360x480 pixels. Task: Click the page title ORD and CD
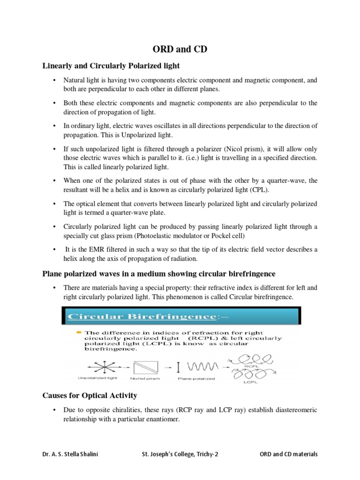pyautogui.click(x=180, y=48)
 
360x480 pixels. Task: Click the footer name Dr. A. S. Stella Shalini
pyautogui.click(x=70, y=454)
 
